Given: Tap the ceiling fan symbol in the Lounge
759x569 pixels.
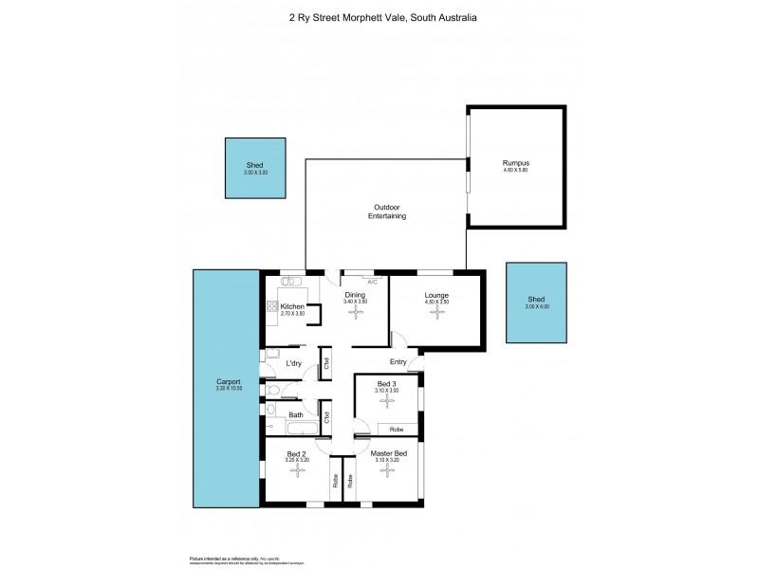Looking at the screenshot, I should pyautogui.click(x=437, y=314).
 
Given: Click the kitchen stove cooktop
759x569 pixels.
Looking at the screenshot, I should pyautogui.click(x=271, y=306).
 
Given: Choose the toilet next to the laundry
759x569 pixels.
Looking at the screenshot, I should pyautogui.click(x=273, y=390).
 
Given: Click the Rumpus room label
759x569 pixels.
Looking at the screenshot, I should pyautogui.click(x=514, y=163).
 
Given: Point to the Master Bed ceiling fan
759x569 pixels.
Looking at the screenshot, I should pyautogui.click(x=388, y=472).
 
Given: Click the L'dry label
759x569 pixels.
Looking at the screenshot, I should pyautogui.click(x=294, y=363).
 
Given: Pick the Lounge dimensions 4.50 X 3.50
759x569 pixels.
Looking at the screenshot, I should pyautogui.click(x=437, y=303).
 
